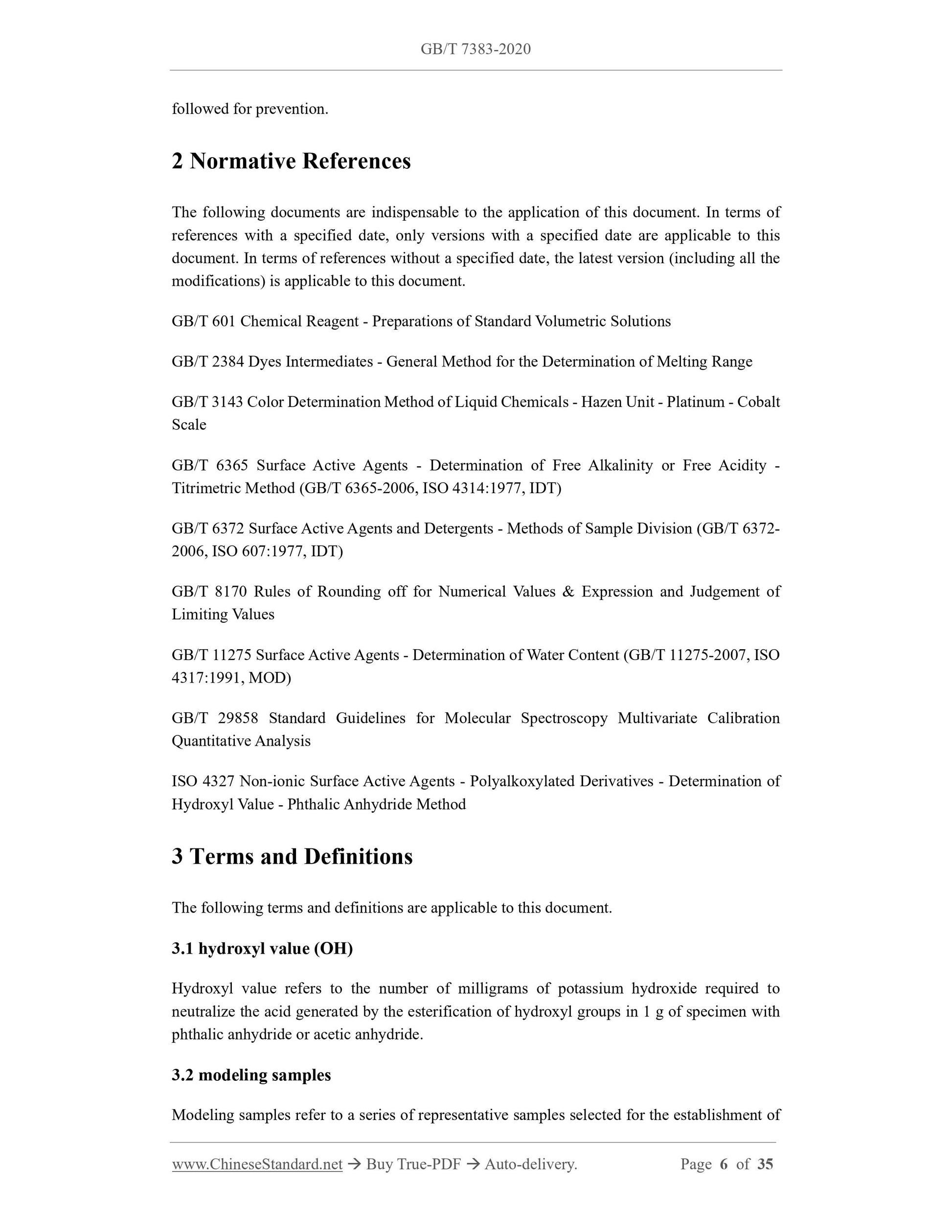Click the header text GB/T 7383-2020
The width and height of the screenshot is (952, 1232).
click(x=476, y=49)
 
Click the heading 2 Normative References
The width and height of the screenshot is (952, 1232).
click(x=291, y=161)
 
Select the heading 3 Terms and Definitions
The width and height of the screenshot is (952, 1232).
click(x=292, y=856)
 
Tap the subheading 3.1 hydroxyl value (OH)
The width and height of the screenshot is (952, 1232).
click(x=262, y=948)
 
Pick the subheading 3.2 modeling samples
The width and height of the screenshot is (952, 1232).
click(x=251, y=1074)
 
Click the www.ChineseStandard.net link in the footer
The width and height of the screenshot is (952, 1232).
click(x=257, y=1164)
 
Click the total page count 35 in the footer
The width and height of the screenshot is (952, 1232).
click(x=765, y=1164)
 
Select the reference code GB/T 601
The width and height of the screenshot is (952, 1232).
click(x=203, y=321)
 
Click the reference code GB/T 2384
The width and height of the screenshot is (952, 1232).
click(x=207, y=362)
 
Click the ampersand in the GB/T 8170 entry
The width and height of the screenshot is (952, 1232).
click(x=568, y=592)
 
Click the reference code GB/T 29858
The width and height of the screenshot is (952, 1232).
click(x=215, y=718)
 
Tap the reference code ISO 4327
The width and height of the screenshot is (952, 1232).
click(x=203, y=781)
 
